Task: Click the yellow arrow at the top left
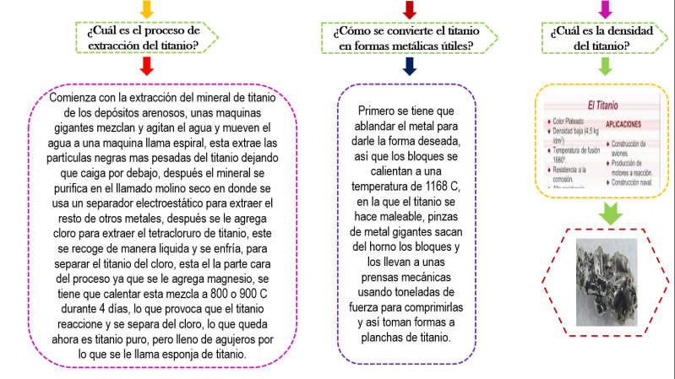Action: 146,8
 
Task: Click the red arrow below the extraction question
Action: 146,65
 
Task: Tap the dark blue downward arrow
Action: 410,66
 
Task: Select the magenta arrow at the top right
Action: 605,8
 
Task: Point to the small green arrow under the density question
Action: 605,66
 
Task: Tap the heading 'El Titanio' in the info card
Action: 596,106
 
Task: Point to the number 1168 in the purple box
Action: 434,187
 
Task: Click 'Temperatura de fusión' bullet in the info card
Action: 576,149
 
